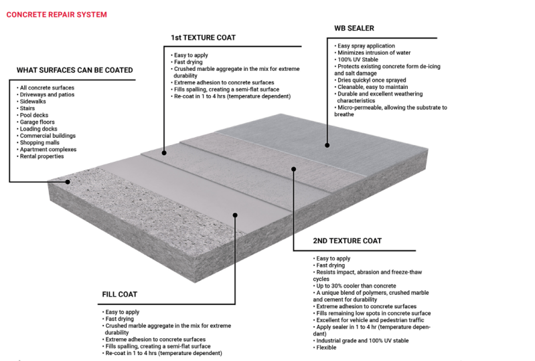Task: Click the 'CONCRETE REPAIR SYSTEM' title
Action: [x=56, y=15]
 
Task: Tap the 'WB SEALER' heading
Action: [x=354, y=29]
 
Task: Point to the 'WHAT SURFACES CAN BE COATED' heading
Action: [x=74, y=70]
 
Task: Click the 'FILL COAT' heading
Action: [x=121, y=294]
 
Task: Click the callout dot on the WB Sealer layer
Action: [x=327, y=145]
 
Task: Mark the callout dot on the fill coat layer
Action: [x=234, y=215]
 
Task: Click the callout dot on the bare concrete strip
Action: [x=68, y=181]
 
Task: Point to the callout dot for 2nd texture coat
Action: [x=293, y=168]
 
